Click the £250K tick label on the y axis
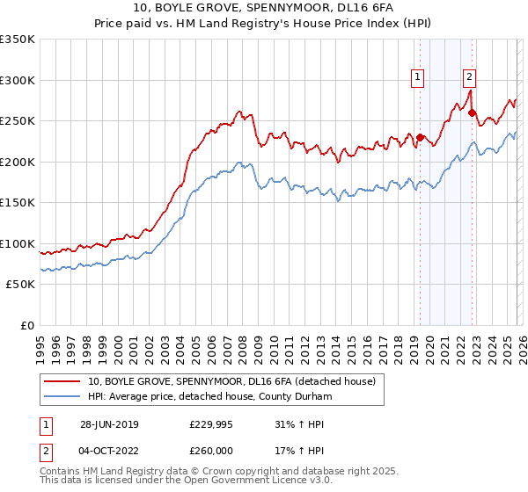click(18, 120)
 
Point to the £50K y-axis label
click(20, 285)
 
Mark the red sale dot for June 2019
click(420, 137)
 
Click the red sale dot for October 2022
click(473, 112)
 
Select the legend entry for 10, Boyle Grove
click(232, 381)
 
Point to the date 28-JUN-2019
click(109, 424)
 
